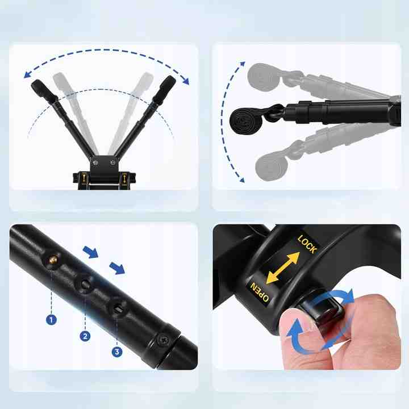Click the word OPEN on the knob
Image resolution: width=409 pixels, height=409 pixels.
pos(259,292)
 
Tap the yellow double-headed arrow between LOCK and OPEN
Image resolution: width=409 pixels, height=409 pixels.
pos(283,268)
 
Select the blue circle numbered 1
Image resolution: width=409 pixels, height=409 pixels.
pos(51,319)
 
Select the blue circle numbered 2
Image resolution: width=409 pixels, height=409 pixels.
pos(85,336)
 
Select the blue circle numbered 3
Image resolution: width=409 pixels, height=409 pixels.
pos(117,352)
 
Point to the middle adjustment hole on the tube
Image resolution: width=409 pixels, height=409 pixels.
pos(85,284)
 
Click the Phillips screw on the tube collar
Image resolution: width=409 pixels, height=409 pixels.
pos(164,339)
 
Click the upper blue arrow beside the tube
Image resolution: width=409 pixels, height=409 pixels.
pos(90,252)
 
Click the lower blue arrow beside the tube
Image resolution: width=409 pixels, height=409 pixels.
pos(117,268)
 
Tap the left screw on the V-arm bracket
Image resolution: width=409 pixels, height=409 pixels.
pos(96,163)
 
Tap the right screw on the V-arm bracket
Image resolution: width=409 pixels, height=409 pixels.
pos(112,163)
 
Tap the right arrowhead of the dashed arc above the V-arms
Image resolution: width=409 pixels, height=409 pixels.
pos(185,81)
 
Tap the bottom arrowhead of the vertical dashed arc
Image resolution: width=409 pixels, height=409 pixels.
pos(242,180)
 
